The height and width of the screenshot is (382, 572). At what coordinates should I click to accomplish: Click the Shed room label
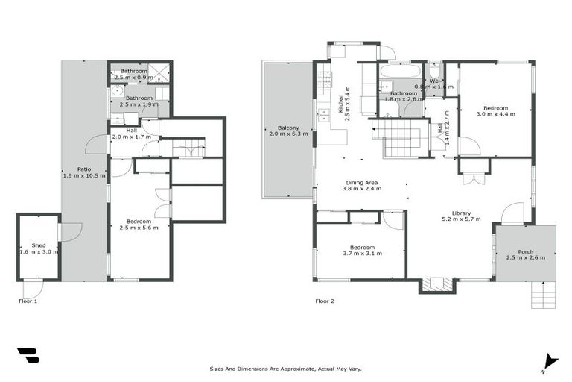(x=38, y=248)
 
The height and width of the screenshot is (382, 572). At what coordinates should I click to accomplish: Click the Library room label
(x=461, y=215)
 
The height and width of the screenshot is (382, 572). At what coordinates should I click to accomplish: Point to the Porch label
(x=525, y=254)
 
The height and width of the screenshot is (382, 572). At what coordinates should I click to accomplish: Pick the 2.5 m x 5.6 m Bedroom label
(x=139, y=225)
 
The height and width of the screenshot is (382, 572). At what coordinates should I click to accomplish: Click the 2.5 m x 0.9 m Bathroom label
(x=133, y=73)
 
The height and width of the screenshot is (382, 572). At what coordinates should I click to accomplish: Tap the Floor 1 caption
(x=28, y=301)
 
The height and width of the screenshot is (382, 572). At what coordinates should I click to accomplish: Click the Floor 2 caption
(x=325, y=301)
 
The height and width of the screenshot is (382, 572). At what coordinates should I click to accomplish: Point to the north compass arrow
(x=550, y=360)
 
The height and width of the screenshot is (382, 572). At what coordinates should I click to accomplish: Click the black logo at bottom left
(x=28, y=356)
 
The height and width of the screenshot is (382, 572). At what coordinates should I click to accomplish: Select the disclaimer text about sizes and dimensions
(x=287, y=369)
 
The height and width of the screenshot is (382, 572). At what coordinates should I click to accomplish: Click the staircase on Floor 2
(x=401, y=138)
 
